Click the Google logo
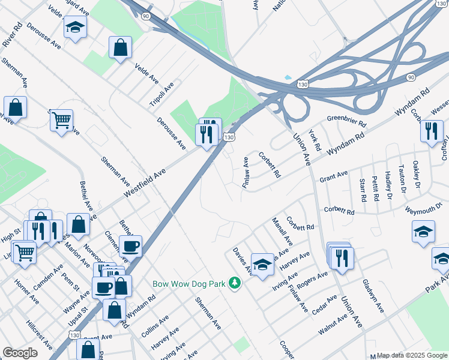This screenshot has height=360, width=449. (20, 353)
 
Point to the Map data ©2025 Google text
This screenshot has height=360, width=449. (411, 355)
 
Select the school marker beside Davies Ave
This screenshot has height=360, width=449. (262, 265)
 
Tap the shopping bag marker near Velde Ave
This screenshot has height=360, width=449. (120, 47)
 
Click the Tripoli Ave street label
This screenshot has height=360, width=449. (161, 94)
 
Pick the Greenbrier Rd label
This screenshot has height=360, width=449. (346, 119)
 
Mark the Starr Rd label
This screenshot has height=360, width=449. (362, 190)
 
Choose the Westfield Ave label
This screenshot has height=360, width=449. (144, 184)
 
